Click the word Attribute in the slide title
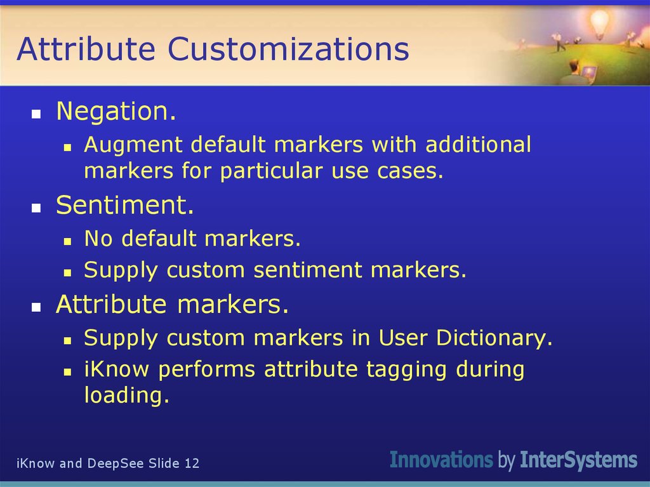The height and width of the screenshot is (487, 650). click(85, 50)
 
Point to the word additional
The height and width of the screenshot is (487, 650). click(478, 145)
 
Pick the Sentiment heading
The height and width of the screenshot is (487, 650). click(124, 205)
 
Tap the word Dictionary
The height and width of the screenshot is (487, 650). click(494, 338)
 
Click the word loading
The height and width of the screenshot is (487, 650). click(126, 396)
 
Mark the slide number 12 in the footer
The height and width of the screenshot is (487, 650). click(192, 464)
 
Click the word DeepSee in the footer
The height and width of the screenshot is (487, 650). click(117, 464)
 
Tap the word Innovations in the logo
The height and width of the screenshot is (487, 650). click(441, 460)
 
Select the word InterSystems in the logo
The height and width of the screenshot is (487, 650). click(578, 460)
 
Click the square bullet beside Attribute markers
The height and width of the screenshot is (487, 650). click(37, 307)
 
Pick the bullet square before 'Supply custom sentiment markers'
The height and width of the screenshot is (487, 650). click(67, 272)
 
